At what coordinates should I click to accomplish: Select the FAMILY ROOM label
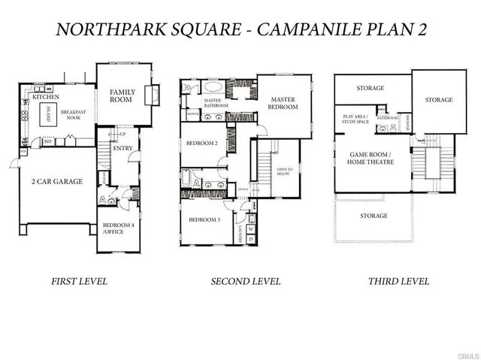click(x=122, y=95)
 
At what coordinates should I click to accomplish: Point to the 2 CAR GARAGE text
click(x=57, y=181)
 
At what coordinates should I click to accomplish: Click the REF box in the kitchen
click(x=47, y=140)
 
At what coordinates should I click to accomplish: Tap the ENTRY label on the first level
click(x=122, y=148)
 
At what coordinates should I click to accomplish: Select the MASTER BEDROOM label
click(x=284, y=103)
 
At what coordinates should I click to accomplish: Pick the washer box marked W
click(x=250, y=228)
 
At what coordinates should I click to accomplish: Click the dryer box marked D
click(x=250, y=239)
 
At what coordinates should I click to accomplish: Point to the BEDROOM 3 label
click(x=204, y=219)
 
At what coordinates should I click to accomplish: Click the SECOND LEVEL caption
click(x=245, y=281)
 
